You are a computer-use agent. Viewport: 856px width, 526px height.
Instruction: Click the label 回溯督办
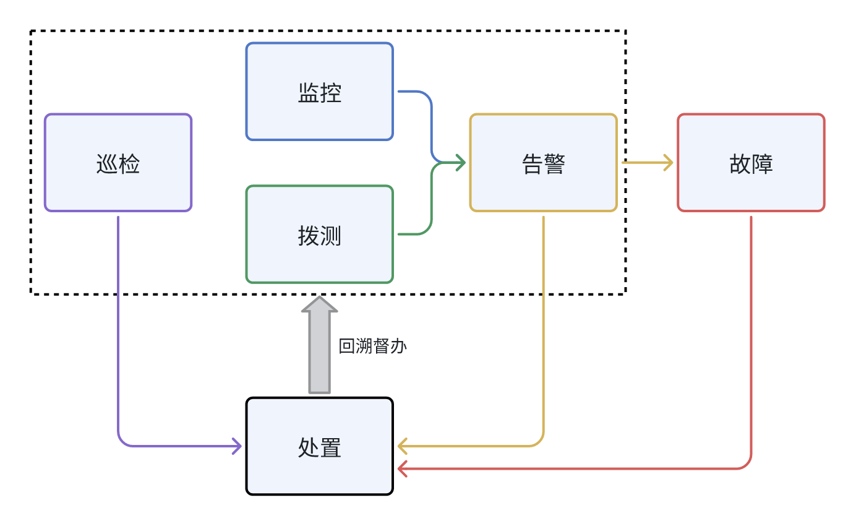pos(372,346)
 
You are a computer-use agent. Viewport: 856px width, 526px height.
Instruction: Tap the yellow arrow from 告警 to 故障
pos(646,163)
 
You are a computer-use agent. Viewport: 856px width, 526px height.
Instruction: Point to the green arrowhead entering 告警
pos(460,163)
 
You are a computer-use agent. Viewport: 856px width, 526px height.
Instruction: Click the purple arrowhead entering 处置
pos(236,446)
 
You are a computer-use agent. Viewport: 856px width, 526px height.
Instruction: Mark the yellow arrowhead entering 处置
pos(403,446)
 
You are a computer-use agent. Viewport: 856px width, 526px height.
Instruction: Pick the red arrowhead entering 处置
pos(403,468)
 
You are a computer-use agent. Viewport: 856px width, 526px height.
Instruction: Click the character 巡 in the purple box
pos(107,164)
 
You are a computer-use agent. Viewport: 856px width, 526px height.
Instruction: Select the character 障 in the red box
pos(762,164)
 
